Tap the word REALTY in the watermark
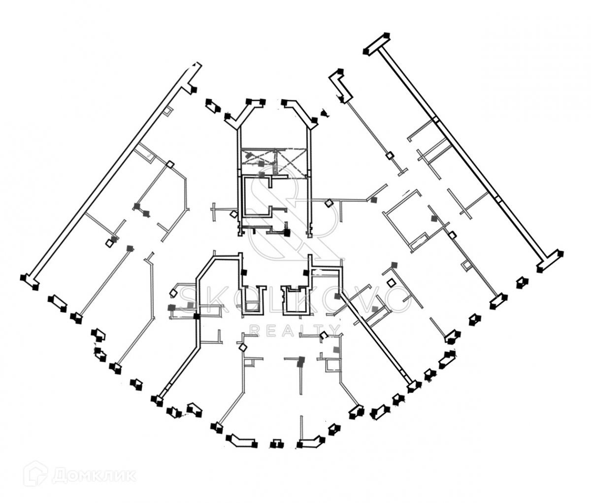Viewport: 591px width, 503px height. pyautogui.click(x=295, y=330)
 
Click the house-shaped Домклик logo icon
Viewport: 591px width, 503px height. pyautogui.click(x=40, y=476)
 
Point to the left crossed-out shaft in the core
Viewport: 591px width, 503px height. pyautogui.click(x=259, y=161)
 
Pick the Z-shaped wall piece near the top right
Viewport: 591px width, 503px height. pyautogui.click(x=341, y=86)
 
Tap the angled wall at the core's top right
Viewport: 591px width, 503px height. pyautogui.click(x=301, y=111)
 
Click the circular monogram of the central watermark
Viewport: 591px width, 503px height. pyautogui.click(x=295, y=217)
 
